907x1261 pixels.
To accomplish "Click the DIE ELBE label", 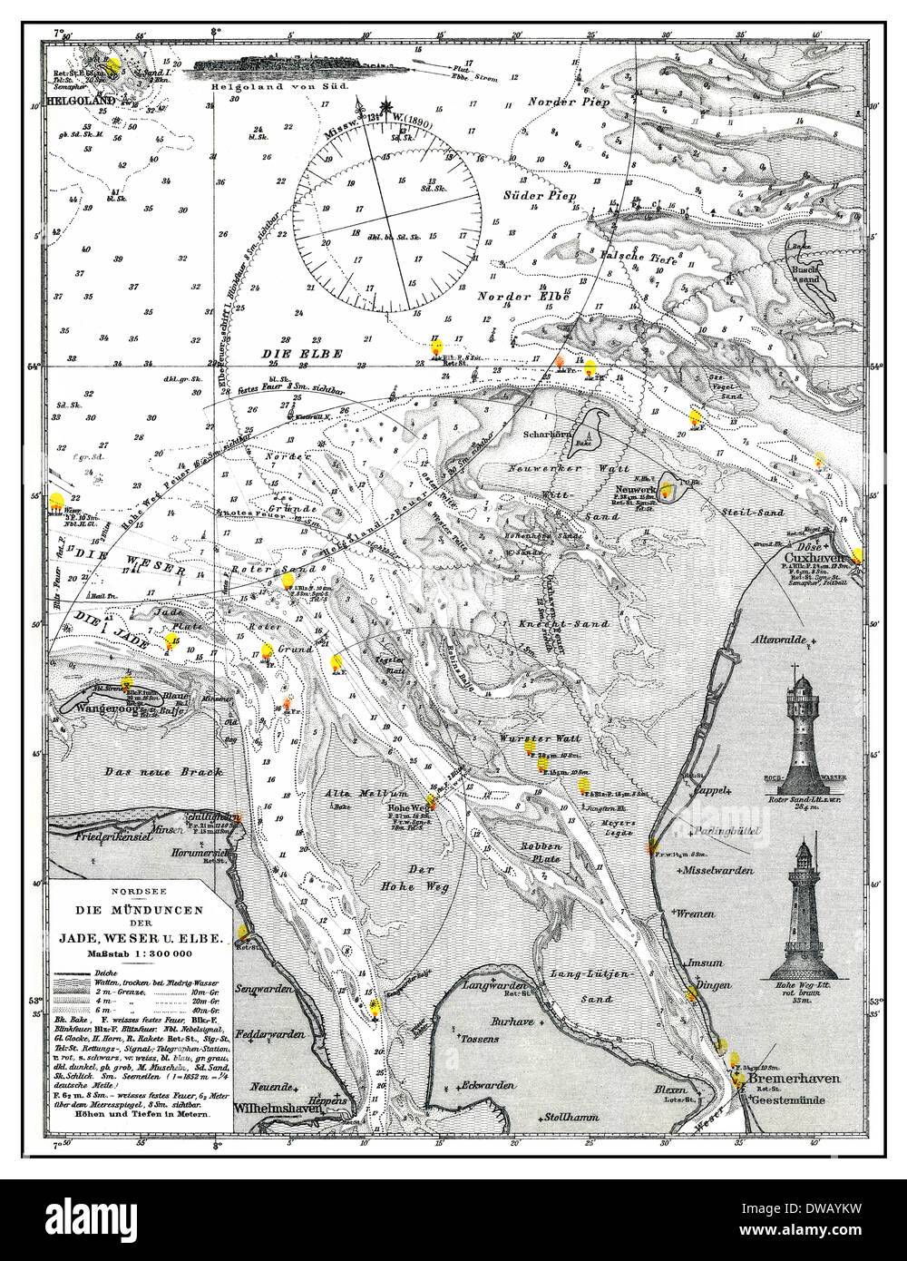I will pos(287,355).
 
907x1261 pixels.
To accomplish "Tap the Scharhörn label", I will pos(547,434).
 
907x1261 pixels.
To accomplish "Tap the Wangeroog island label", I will pos(88,707).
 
